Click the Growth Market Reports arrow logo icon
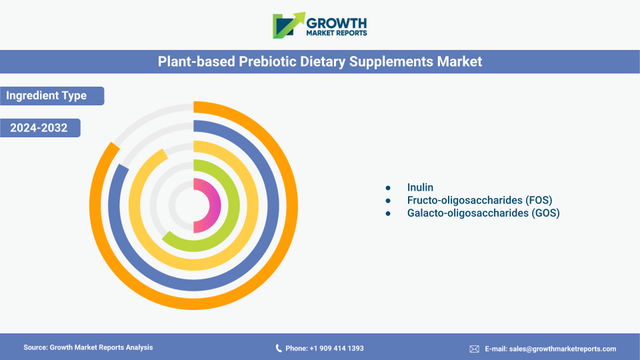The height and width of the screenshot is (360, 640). pos(289,25)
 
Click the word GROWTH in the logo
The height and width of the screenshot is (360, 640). pos(336,23)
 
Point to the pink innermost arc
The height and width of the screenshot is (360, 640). pos(215,206)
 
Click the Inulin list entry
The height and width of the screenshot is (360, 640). pos(420,187)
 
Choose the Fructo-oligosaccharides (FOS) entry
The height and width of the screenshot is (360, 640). pos(479,200)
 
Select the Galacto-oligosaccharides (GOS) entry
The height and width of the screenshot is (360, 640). pos(483,213)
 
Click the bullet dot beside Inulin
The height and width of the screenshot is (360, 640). pos(388,188)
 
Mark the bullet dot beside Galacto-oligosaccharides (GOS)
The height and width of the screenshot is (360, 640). pos(388,213)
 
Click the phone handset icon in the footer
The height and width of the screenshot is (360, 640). pos(279,348)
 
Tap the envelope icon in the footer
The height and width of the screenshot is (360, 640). pos(474,349)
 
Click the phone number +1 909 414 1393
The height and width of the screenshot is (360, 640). pos(337,348)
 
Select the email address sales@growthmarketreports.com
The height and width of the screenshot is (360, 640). pos(563,349)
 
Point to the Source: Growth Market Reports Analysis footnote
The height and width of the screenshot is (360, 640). pos(88,347)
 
